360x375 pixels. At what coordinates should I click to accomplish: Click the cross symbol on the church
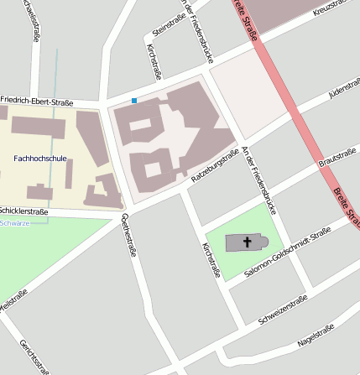click(248, 242)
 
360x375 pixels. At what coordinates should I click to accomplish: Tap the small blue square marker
click(133, 102)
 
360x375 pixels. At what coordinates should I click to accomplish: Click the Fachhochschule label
click(40, 158)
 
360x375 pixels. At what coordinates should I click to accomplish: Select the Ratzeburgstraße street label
click(215, 167)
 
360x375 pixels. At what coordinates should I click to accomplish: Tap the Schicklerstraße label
click(23, 211)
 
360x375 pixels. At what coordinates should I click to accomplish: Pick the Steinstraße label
click(168, 26)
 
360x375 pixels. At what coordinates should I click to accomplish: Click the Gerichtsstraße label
click(34, 357)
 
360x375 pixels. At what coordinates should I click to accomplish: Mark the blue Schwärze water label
click(15, 223)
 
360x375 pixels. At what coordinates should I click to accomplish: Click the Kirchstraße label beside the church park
click(211, 260)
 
